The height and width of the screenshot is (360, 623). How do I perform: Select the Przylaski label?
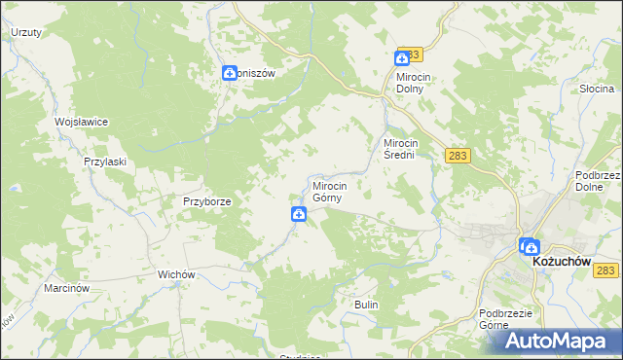[106, 162]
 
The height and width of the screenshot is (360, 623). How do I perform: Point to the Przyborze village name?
[206, 201]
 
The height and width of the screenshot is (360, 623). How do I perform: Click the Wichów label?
[178, 274]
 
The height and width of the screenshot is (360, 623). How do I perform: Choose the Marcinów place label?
[67, 289]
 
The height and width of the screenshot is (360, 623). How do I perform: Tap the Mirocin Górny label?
[332, 190]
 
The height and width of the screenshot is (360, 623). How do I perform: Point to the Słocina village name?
[596, 89]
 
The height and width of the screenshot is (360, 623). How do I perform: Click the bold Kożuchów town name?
[564, 262]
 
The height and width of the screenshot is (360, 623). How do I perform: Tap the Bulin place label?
[366, 305]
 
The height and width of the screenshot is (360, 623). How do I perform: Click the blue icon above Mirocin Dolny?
[402, 59]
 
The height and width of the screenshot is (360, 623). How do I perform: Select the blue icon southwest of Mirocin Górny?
[298, 214]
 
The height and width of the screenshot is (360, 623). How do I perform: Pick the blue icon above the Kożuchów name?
[529, 246]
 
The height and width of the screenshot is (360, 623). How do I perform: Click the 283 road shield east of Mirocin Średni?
[457, 155]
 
